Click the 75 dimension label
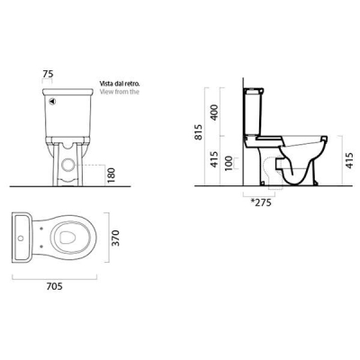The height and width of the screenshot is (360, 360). click(48, 74)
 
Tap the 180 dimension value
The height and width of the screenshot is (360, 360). click(111, 175)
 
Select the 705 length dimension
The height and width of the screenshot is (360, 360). click(55, 286)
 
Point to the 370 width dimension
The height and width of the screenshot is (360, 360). click(115, 238)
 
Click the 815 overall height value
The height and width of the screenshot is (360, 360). click(199, 132)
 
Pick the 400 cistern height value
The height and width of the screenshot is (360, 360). click(214, 112)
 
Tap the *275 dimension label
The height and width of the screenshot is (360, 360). click(261, 202)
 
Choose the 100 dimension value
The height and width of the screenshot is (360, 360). click(229, 163)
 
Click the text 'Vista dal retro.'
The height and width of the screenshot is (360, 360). click(120, 84)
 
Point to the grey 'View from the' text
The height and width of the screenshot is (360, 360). click(120, 92)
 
